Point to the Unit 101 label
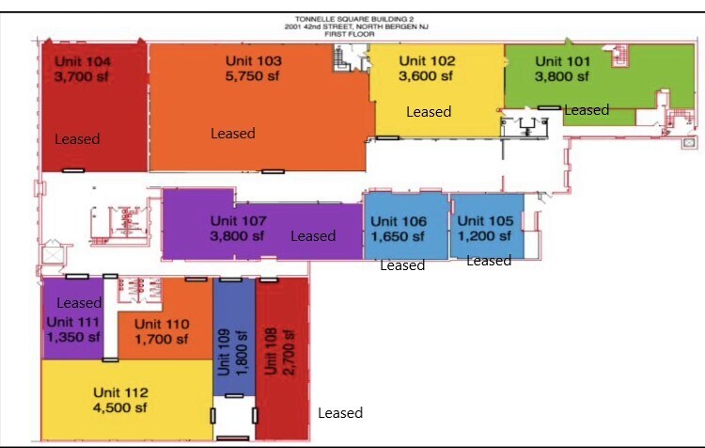click(x=563, y=61)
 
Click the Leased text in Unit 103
click(x=232, y=134)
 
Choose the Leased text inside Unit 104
click(x=77, y=139)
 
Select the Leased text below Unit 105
click(x=489, y=261)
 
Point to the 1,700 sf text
click(x=162, y=339)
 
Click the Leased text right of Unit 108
click(x=340, y=413)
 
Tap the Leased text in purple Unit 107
click(x=313, y=236)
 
